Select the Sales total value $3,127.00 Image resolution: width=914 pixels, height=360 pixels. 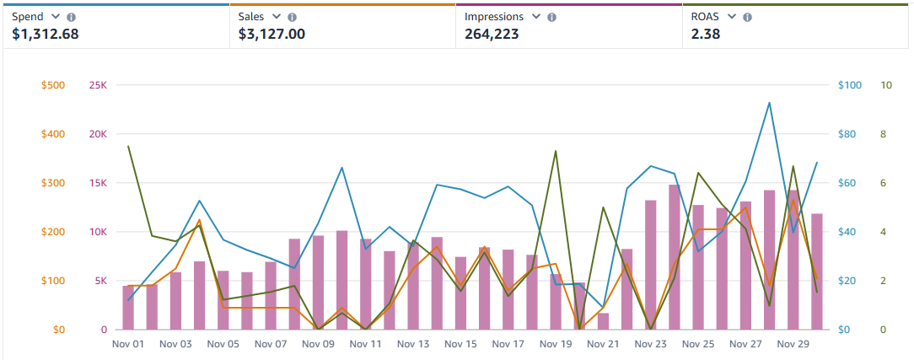[x=272, y=35]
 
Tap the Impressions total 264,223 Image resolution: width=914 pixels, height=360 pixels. [x=492, y=35]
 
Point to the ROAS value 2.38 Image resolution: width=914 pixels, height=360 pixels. [x=705, y=35]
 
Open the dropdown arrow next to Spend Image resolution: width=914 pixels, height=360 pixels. [x=56, y=17]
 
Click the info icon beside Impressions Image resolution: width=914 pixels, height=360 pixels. [x=551, y=17]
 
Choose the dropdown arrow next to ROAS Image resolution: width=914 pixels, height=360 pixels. [x=731, y=17]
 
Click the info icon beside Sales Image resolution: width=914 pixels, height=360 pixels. [x=292, y=17]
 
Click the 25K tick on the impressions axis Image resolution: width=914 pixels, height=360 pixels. [x=98, y=85]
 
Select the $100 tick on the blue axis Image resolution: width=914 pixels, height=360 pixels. [x=849, y=85]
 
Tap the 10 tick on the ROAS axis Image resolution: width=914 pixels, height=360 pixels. [x=885, y=85]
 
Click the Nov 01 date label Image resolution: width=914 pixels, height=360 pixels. [x=128, y=344]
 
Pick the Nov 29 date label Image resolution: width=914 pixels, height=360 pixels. [x=793, y=344]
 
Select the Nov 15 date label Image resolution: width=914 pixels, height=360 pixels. [x=460, y=344]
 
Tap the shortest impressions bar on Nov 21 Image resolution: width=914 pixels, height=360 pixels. [x=603, y=321]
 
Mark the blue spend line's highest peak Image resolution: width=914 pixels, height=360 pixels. [x=769, y=103]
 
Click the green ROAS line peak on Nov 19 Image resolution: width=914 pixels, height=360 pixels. [x=556, y=151]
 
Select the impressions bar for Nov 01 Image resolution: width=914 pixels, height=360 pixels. [x=128, y=308]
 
